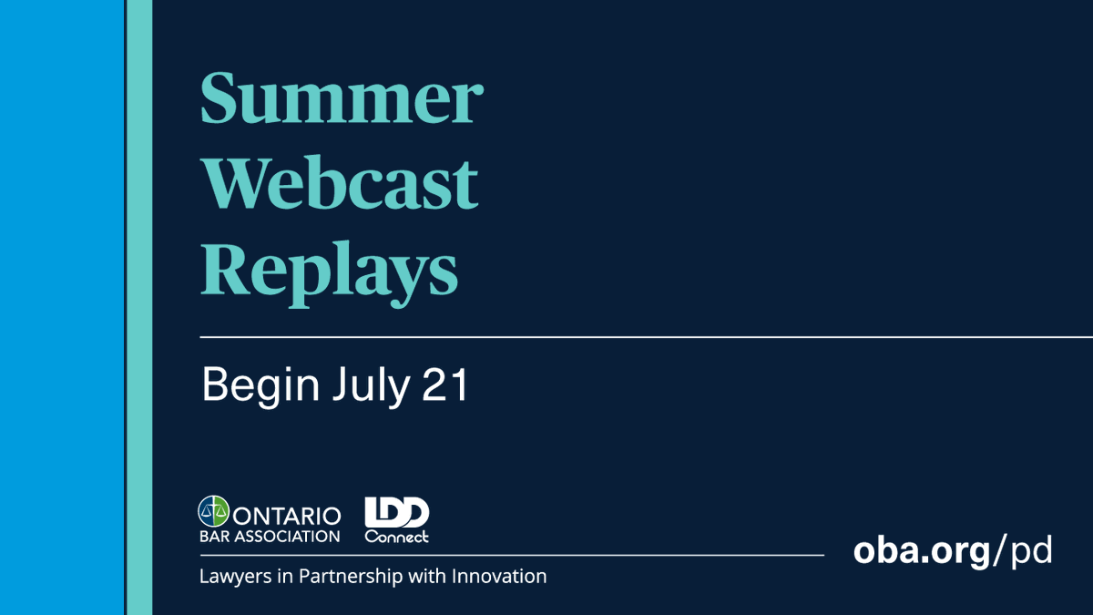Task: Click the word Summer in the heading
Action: [x=342, y=99]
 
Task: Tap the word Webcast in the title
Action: [x=339, y=182]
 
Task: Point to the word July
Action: [x=371, y=385]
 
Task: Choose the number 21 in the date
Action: [x=445, y=385]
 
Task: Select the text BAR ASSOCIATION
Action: [x=269, y=536]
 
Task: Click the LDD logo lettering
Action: [x=396, y=513]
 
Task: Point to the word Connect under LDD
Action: [x=396, y=537]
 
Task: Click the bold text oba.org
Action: [x=921, y=551]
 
